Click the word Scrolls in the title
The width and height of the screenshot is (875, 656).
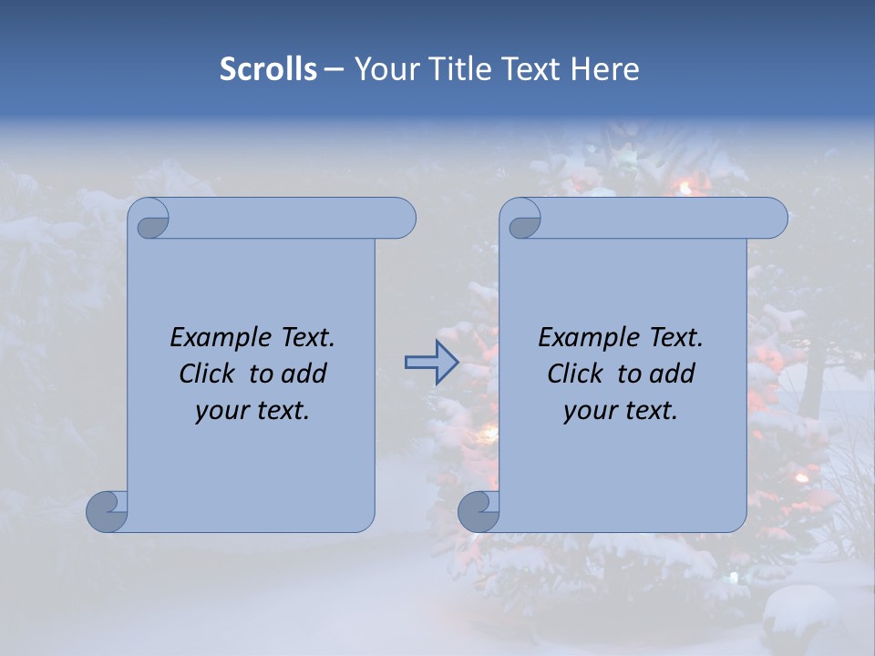pos(268,69)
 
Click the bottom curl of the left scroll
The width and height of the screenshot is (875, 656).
pos(106,510)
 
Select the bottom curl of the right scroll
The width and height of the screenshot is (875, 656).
pos(478,510)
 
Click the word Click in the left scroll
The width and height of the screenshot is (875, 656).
pos(208,374)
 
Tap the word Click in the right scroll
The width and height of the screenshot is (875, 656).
pos(575,374)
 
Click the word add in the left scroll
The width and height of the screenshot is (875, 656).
pos(304,374)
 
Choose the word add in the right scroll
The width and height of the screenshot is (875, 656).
pos(672,374)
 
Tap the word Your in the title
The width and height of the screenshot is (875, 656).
pos(383,69)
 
